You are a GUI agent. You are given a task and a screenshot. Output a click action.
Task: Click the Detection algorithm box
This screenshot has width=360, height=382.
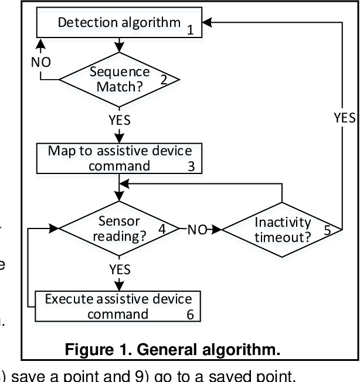coord(119,24)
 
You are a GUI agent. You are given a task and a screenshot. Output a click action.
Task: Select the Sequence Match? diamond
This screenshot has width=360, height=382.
coord(119,79)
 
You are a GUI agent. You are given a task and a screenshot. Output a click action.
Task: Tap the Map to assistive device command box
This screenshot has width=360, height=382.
coord(119,158)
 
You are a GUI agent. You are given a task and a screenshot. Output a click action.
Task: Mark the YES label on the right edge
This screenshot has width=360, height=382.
coord(344,117)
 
